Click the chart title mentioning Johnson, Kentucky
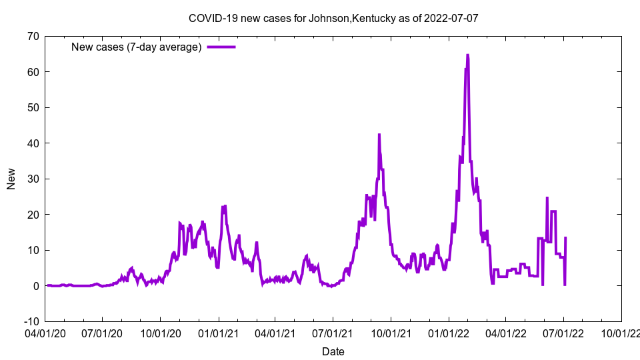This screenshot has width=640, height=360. click(x=333, y=18)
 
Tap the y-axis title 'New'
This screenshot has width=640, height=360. click(x=11, y=179)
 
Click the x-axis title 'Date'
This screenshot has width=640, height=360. click(x=333, y=351)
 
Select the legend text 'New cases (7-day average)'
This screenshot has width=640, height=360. click(x=137, y=47)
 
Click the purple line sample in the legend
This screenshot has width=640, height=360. click(x=221, y=47)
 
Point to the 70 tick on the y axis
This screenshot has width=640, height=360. click(x=32, y=36)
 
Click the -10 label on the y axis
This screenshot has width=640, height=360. click(x=30, y=321)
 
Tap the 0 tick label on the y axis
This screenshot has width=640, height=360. click(x=35, y=286)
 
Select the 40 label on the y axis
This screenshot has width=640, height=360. click(x=32, y=143)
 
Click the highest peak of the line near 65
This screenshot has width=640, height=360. click(x=467, y=55)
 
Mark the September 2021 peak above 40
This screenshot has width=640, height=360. click(x=379, y=135)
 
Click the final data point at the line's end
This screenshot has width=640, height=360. click(x=565, y=237)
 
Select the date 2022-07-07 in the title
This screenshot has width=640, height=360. click(x=453, y=18)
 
